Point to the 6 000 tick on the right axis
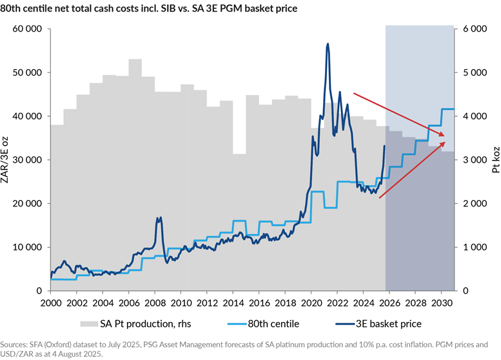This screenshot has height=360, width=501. click(473, 29)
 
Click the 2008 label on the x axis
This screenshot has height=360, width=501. click(155, 303)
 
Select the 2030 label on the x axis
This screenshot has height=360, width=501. click(441, 303)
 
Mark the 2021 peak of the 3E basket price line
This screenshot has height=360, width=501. click(328, 44)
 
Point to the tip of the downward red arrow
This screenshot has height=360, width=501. click(446, 135)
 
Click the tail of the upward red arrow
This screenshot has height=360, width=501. click(378, 198)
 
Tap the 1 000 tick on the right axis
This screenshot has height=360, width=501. click(473, 247)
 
